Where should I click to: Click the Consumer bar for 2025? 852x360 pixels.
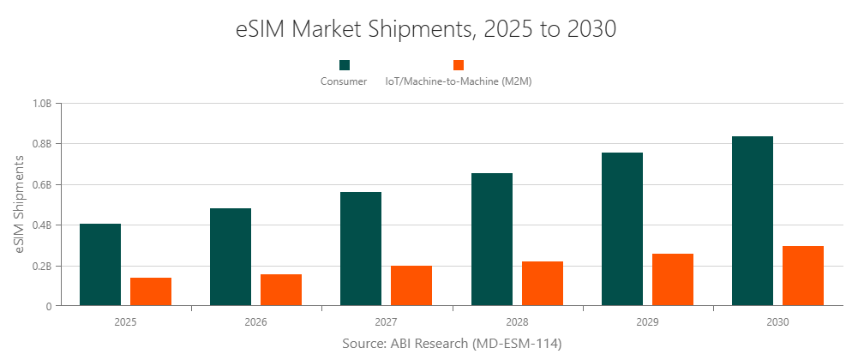[x=100, y=264]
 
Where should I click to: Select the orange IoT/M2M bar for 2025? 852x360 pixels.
[x=151, y=291]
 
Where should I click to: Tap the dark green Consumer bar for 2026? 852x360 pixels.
[x=231, y=256]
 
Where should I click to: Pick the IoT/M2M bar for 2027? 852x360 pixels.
[x=411, y=285]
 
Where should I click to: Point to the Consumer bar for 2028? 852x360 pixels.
[x=492, y=239]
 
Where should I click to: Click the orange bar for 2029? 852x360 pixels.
[x=673, y=279]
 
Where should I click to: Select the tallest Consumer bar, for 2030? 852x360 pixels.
[x=753, y=220]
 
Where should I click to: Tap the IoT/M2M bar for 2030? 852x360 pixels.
[x=803, y=275]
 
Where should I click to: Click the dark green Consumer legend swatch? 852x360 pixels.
[x=344, y=65]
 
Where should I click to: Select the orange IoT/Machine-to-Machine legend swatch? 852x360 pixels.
[x=459, y=65]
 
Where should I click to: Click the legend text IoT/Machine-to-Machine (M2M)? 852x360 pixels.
[x=459, y=81]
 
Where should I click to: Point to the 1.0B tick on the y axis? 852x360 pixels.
[x=42, y=104]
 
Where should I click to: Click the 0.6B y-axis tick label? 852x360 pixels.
[x=42, y=184]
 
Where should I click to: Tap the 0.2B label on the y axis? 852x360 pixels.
[x=42, y=266]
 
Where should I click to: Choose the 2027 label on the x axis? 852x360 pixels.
[x=386, y=322]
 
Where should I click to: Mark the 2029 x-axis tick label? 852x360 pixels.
[x=647, y=322]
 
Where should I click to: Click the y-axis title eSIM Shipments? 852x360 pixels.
[x=20, y=204]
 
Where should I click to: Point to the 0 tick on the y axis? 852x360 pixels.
[x=49, y=306]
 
